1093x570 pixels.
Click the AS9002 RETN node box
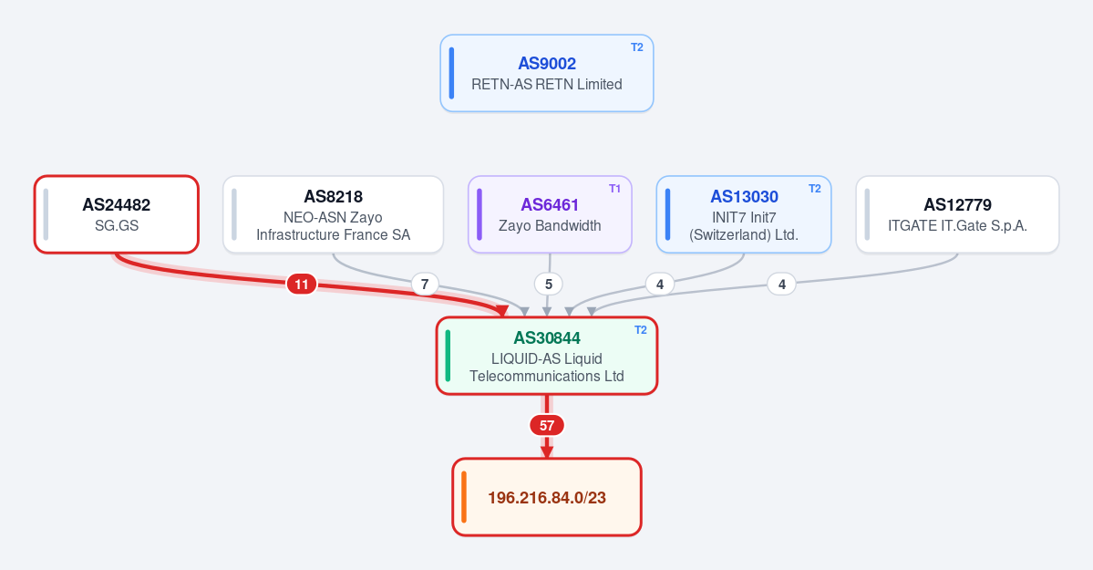[547, 73]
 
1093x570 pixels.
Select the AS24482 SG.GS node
[117, 214]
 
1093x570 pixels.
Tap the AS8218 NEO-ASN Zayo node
[334, 214]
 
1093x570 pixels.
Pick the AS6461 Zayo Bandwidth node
[550, 214]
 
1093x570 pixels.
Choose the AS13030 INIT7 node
[744, 214]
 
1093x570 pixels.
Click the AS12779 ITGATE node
[957, 214]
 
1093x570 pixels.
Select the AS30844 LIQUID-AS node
[547, 356]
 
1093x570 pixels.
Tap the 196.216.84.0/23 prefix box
[547, 497]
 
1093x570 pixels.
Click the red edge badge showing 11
[301, 284]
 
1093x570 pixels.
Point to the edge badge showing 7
[425, 284]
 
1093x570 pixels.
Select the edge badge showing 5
[549, 284]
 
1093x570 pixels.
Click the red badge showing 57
[547, 426]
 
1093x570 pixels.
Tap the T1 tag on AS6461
[614, 189]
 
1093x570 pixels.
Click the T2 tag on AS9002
[637, 47]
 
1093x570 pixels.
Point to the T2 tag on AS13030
[815, 189]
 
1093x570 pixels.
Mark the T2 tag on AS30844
[641, 330]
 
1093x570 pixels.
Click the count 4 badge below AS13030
[659, 284]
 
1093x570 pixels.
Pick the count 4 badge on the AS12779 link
[781, 284]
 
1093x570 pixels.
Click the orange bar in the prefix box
[464, 497]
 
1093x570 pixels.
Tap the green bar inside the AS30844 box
[448, 356]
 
